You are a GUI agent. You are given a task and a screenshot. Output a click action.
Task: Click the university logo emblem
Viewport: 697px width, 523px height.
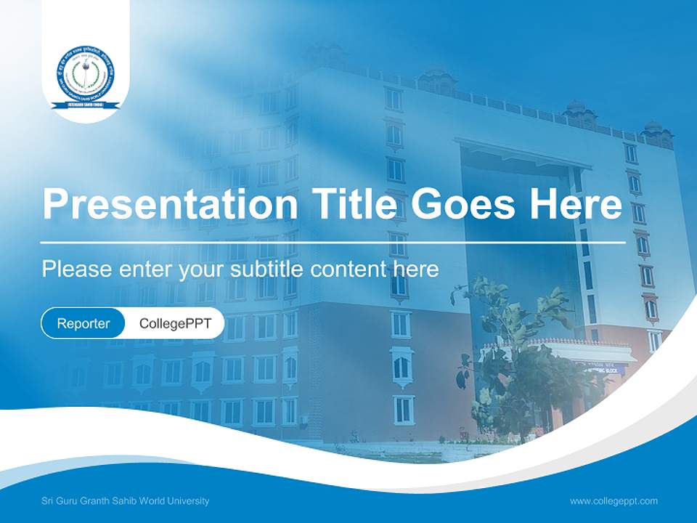[x=86, y=77]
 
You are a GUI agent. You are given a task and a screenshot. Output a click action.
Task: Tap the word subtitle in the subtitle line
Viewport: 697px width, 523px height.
[x=267, y=269]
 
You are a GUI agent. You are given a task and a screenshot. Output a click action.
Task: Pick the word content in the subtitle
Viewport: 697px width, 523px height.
[x=348, y=269]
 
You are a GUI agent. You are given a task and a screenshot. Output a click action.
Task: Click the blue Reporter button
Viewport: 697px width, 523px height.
[x=83, y=323]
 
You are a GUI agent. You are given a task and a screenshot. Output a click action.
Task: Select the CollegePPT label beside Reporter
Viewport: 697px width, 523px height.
[x=175, y=323]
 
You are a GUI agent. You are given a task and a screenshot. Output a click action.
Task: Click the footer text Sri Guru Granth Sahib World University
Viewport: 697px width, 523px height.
[x=126, y=501]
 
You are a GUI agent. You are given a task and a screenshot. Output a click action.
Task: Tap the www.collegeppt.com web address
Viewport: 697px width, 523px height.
[x=614, y=501]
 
